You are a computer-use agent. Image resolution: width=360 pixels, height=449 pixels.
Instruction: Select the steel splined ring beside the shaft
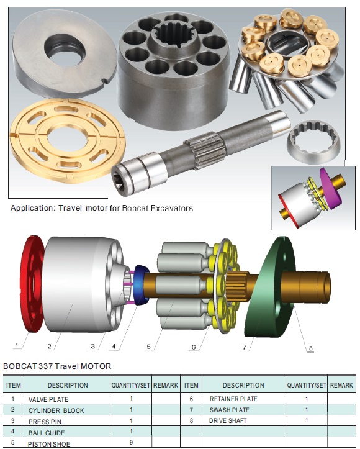point(314,142)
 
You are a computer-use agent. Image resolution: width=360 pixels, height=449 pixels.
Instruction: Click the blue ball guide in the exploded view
point(142,285)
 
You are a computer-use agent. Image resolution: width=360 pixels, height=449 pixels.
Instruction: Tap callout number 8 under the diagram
point(311,348)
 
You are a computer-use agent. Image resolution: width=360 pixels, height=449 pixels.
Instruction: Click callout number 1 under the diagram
point(17,345)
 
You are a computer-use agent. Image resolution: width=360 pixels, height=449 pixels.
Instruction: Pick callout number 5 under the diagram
point(148,347)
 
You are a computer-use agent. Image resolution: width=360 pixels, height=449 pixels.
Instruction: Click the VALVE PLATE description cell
point(66,399)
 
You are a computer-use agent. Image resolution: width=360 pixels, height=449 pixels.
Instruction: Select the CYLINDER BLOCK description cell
point(66,410)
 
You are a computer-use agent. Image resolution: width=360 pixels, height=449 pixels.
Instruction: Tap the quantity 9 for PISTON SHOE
point(131,442)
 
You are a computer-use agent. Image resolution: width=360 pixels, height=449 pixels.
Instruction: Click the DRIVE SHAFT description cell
point(244,420)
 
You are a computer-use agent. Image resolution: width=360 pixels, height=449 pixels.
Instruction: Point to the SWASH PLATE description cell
point(244,410)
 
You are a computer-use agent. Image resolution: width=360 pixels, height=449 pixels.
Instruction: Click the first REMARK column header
point(166,385)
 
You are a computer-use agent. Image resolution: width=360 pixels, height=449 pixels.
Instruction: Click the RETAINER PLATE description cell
point(244,399)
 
